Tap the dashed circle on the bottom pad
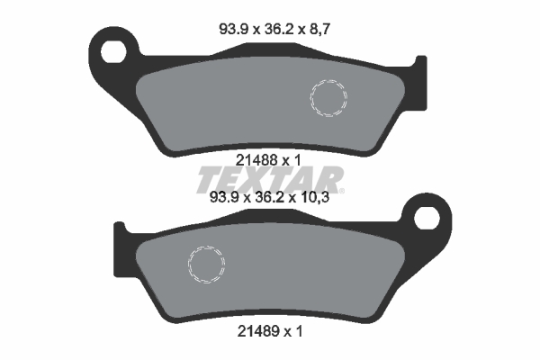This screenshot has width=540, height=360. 204,262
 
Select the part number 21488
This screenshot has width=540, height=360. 249,159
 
